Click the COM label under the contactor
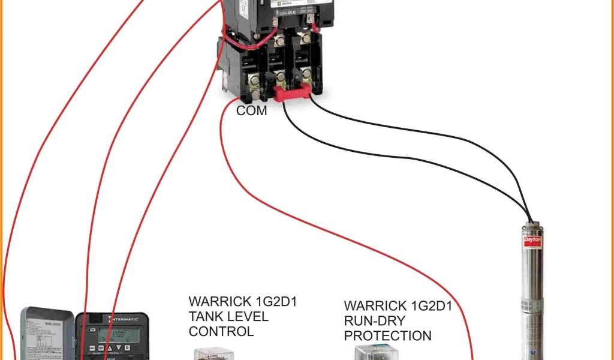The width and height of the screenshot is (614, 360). (x=251, y=111)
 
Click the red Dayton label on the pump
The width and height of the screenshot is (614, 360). (x=533, y=239)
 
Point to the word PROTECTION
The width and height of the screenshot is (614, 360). (x=387, y=335)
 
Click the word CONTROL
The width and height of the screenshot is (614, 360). (x=221, y=331)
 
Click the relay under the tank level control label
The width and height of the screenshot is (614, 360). (x=210, y=354)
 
